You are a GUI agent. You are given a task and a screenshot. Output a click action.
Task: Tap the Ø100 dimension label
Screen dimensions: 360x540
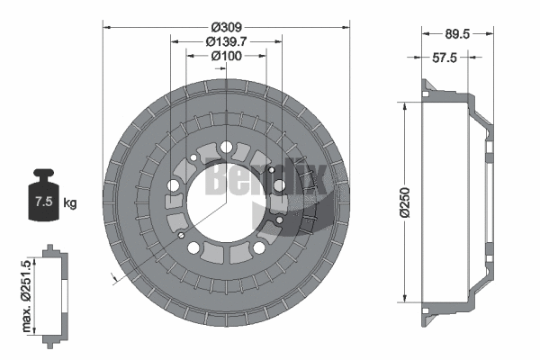[x=225, y=57]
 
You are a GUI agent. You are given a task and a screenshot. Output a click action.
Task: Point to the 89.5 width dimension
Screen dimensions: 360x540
[x=459, y=35]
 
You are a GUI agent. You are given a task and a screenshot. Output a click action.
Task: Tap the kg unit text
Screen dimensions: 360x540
[x=70, y=202]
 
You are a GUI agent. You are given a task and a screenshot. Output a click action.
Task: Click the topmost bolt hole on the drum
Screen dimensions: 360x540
[x=225, y=148]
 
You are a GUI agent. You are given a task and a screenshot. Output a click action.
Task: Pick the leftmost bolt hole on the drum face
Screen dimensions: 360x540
[x=173, y=185]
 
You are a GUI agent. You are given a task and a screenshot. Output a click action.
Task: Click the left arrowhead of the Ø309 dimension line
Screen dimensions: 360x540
[x=107, y=27]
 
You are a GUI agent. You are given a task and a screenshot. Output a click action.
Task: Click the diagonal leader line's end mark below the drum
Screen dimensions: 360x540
[x=112, y=280]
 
